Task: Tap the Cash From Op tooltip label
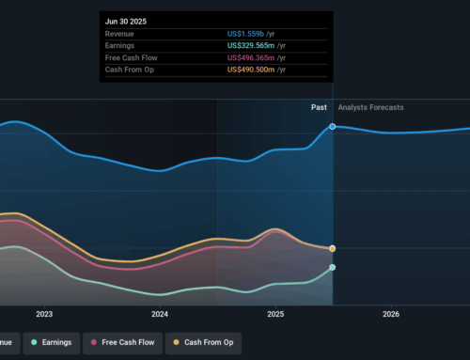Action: click(131, 70)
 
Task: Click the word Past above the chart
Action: click(319, 107)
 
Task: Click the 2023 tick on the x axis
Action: click(44, 315)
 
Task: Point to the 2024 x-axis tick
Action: click(160, 315)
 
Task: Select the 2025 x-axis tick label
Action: click(275, 315)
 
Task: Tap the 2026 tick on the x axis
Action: click(391, 315)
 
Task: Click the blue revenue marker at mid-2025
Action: click(333, 126)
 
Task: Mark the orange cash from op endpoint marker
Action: click(333, 248)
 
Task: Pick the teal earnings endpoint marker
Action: click(333, 267)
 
